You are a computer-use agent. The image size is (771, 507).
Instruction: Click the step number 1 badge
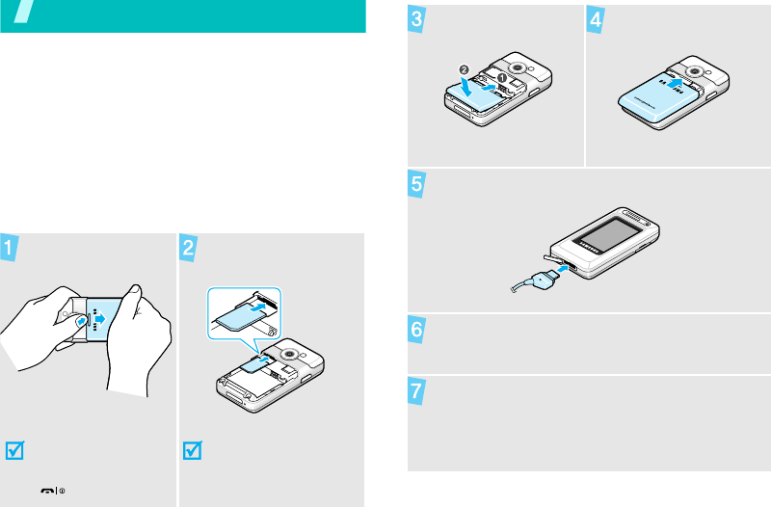click(9, 248)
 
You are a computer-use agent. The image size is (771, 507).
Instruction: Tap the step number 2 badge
click(188, 248)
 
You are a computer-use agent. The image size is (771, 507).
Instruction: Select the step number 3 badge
click(416, 19)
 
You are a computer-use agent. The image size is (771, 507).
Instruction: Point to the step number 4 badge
click(596, 19)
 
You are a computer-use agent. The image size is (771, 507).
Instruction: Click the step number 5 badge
click(416, 184)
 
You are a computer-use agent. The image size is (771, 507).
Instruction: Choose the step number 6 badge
click(416, 329)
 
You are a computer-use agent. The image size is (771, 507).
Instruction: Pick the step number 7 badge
click(416, 391)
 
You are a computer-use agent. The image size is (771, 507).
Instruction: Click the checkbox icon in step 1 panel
click(14, 450)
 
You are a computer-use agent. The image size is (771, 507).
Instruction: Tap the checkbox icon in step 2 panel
click(192, 450)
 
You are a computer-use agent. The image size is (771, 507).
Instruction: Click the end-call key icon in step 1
click(47, 491)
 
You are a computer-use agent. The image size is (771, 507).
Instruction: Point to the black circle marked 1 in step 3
click(501, 78)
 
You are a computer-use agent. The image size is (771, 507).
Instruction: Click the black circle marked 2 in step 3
click(464, 69)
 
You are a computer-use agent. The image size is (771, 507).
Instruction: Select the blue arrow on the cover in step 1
click(100, 319)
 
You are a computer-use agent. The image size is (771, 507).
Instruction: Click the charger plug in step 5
click(545, 280)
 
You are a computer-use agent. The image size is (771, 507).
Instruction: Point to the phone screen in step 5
click(609, 233)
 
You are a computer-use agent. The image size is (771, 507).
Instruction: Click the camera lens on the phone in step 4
click(694, 71)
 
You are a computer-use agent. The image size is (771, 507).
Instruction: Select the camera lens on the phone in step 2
click(289, 354)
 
